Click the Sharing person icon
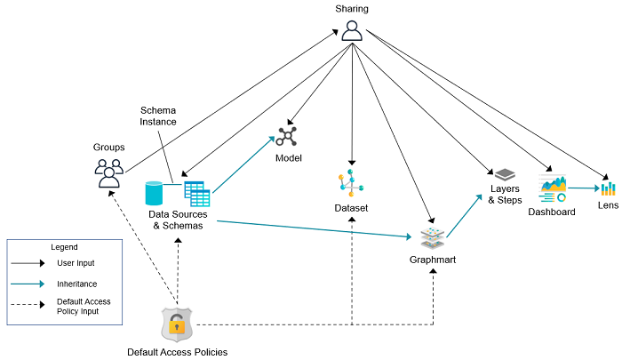[352, 30]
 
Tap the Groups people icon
[108, 172]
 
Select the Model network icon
[288, 137]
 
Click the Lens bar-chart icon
[608, 188]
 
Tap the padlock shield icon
[177, 324]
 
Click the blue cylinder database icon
[155, 192]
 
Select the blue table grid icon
[196, 193]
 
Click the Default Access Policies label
[177, 352]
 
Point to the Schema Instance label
[158, 116]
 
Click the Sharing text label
[352, 8]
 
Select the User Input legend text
[76, 263]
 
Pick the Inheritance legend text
[76, 284]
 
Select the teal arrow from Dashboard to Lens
[583, 188]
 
